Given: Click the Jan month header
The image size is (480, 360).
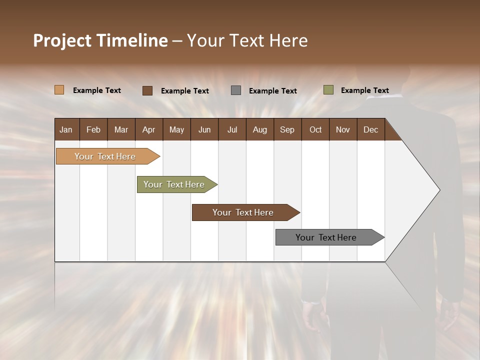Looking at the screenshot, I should pyautogui.click(x=66, y=129).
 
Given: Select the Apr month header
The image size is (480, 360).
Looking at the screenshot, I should pyautogui.click(x=148, y=129).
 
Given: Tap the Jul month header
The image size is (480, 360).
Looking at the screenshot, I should pyautogui.click(x=232, y=129).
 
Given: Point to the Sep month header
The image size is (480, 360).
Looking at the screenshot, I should pyautogui.click(x=287, y=129).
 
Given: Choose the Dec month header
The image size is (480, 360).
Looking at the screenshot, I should pyautogui.click(x=370, y=129).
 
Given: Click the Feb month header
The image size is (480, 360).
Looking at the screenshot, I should pyautogui.click(x=93, y=129).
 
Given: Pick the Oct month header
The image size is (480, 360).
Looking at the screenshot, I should pyautogui.click(x=315, y=129).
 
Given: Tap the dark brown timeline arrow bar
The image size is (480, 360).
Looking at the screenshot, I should pyautogui.click(x=243, y=212).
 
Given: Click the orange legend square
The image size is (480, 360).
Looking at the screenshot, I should pyautogui.click(x=59, y=90).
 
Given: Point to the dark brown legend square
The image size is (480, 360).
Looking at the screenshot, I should pyautogui.click(x=147, y=90).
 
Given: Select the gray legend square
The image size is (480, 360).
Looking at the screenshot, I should pyautogui.click(x=235, y=90).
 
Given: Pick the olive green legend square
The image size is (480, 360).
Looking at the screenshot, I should pyautogui.click(x=328, y=90).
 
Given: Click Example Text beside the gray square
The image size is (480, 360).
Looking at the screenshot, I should pyautogui.click(x=272, y=91).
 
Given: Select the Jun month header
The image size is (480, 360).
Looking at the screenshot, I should pyautogui.click(x=204, y=129).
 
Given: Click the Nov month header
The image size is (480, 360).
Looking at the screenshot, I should pyautogui.click(x=343, y=129).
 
